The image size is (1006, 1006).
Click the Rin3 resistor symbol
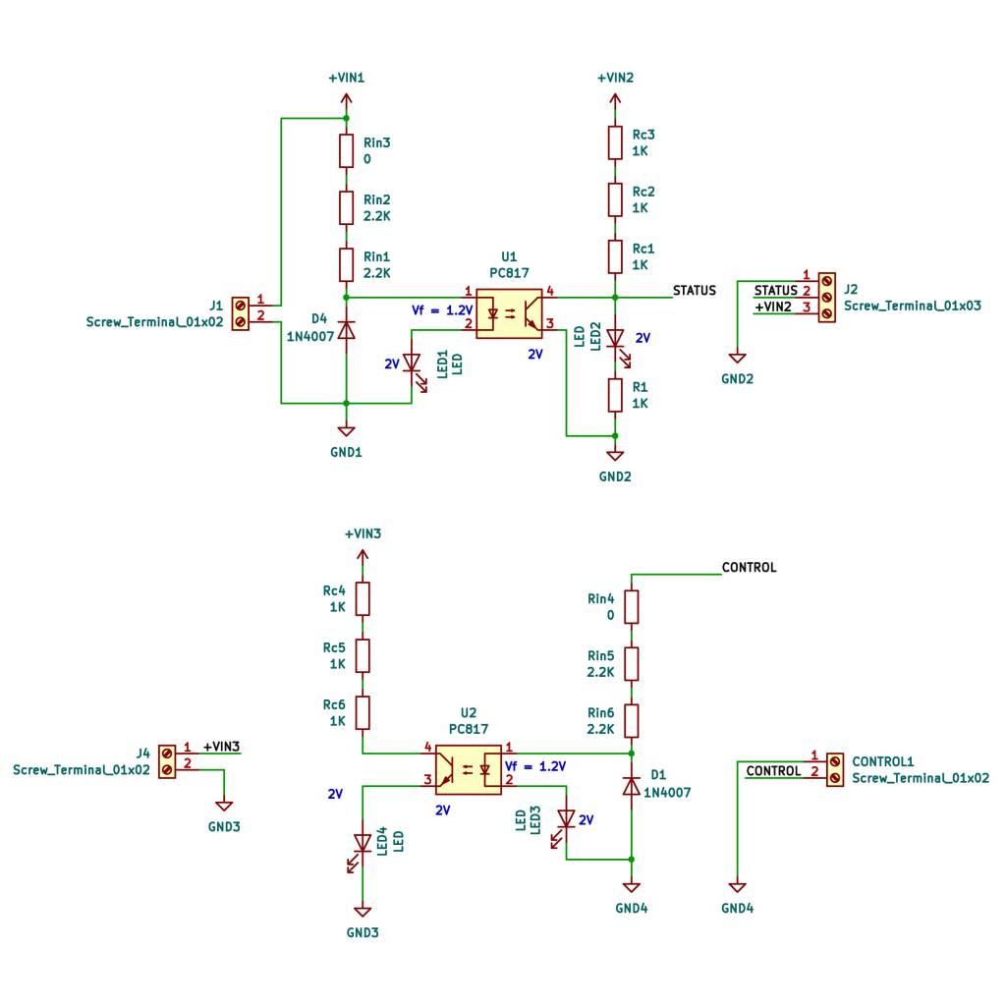pos(346,150)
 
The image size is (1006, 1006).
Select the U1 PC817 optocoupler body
pos(509,312)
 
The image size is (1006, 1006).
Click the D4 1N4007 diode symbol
pos(346,330)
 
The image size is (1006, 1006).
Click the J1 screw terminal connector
pos(240,313)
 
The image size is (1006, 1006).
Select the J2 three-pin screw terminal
pos(826,296)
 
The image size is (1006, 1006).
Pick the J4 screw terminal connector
pos(167,761)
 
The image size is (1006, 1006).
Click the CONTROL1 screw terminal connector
pos(835,769)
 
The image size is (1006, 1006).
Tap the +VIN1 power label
pos(346,78)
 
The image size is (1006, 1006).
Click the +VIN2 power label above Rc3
pos(615,78)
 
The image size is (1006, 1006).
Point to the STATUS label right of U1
pos(694,291)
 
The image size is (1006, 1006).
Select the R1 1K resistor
pos(615,395)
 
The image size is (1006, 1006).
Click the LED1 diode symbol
pos(412,364)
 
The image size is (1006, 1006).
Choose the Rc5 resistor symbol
pos(363,655)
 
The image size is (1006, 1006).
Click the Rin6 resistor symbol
pos(632,720)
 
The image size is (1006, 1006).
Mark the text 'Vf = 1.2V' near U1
pos(441,309)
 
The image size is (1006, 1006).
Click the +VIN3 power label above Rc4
pos(363,534)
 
